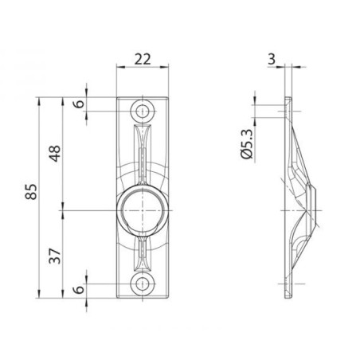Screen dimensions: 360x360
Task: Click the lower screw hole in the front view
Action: click(143, 284)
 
